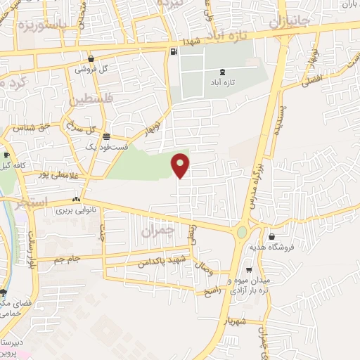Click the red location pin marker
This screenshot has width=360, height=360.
(181, 165)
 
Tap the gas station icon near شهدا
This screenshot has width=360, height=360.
(173, 51)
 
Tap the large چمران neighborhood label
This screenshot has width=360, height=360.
(155, 230)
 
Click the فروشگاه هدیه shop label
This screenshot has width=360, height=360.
(270, 248)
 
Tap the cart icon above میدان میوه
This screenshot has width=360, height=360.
(248, 270)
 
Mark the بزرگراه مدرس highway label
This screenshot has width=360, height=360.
(256, 184)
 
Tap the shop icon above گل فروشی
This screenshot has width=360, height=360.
(91, 59)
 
